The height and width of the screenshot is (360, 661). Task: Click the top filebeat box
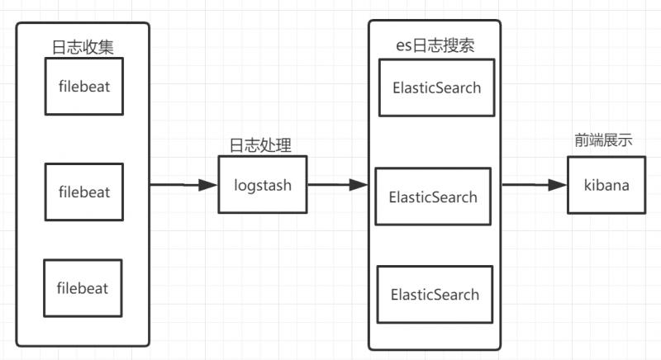[x=83, y=86]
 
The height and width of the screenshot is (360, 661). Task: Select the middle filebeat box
[x=83, y=192]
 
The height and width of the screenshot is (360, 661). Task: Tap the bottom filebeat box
[x=83, y=288]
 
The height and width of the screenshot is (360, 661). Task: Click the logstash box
[x=262, y=185]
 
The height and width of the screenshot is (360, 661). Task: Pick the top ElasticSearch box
[x=436, y=87]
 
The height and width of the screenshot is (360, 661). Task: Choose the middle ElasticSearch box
[x=433, y=197]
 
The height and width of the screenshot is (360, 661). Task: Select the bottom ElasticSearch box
[x=435, y=294]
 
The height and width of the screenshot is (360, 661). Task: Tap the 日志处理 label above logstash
[x=259, y=144]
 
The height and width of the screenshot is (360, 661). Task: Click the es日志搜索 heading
[x=435, y=45]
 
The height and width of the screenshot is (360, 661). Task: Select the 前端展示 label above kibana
[x=604, y=140]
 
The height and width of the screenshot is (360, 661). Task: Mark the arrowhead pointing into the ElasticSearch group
[x=359, y=185]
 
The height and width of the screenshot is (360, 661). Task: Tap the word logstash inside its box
[x=262, y=185]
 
